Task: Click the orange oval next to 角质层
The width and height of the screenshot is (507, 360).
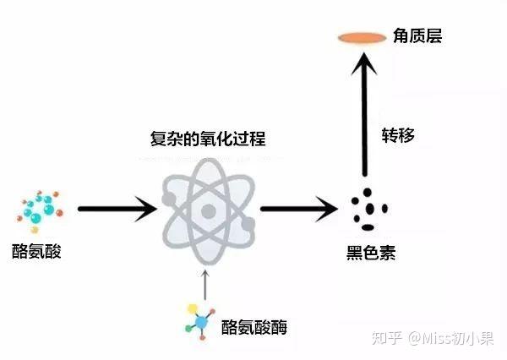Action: point(362,37)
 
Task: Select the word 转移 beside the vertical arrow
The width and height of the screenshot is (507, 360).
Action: point(398,134)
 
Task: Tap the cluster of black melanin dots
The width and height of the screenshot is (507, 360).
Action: point(368,208)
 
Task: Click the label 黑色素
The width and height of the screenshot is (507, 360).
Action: point(371,252)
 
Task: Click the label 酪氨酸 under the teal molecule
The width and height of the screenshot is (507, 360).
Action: point(37,251)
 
